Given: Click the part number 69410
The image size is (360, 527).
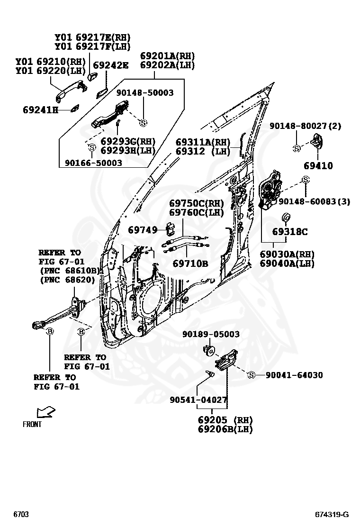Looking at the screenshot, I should pyautogui.click(x=318, y=166).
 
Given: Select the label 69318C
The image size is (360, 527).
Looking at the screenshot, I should pyautogui.click(x=289, y=232).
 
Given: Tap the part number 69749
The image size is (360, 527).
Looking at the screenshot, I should pyautogui.click(x=143, y=230).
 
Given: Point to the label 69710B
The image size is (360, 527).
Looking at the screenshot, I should pyautogui.click(x=190, y=263).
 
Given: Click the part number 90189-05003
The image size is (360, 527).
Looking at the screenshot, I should pyautogui.click(x=211, y=334).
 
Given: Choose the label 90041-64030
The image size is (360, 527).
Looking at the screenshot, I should pyautogui.click(x=294, y=375).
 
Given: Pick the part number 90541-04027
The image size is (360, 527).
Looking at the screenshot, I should pyautogui.click(x=199, y=400).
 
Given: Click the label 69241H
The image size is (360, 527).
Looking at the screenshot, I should pyautogui.click(x=40, y=110).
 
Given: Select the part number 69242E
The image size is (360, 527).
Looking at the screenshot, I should pyautogui.click(x=110, y=65).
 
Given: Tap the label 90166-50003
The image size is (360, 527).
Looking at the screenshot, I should pyautogui.click(x=93, y=163).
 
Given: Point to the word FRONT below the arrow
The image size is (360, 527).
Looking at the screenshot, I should pyautogui.click(x=32, y=424).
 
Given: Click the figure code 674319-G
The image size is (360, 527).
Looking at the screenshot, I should pyautogui.click(x=332, y=515).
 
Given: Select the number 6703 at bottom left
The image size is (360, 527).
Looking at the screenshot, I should pyautogui.click(x=21, y=515).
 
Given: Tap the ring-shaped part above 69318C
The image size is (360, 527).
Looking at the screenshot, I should pyautogui.click(x=286, y=218).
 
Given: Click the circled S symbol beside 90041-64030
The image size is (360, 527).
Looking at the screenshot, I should pyautogui.click(x=252, y=375).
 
